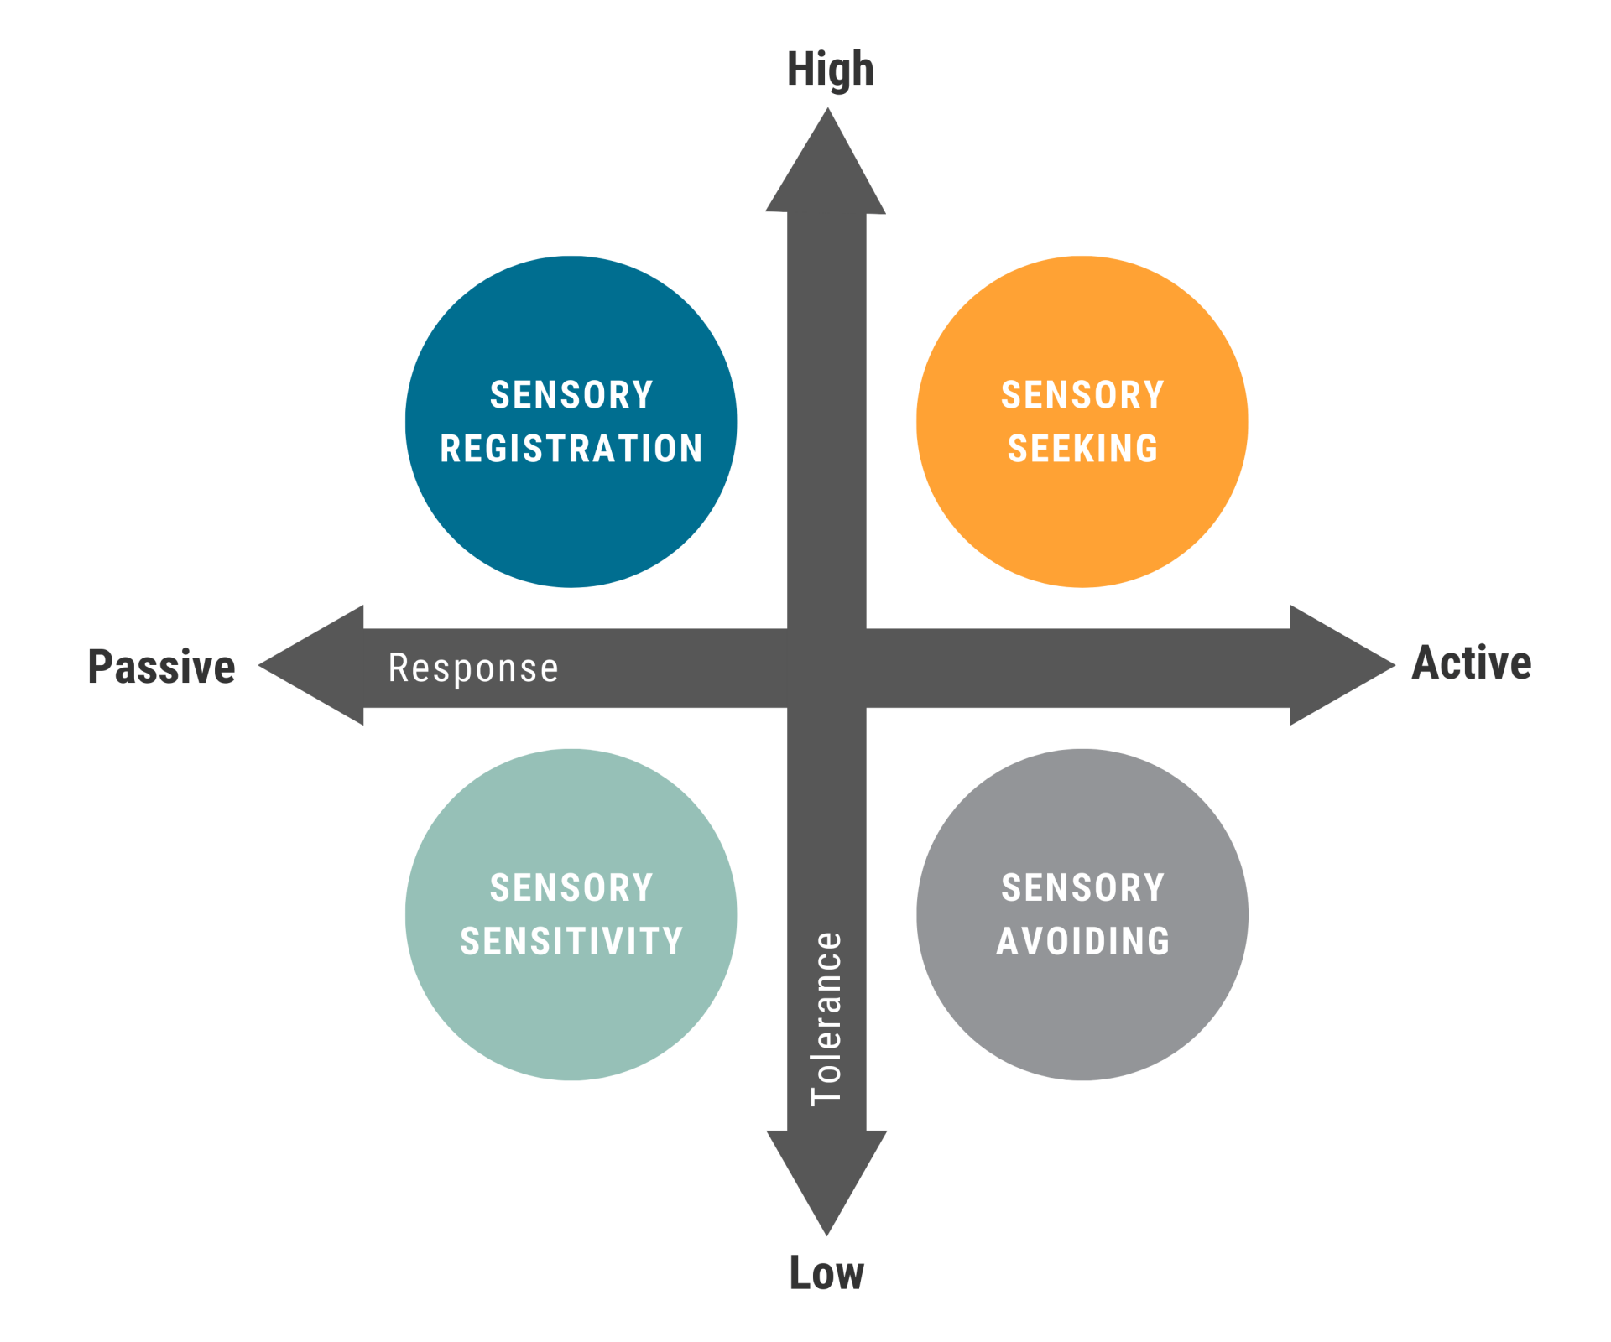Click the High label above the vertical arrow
[x=830, y=70]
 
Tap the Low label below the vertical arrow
[x=826, y=1273]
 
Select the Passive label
[x=162, y=667]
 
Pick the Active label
[x=1472, y=663]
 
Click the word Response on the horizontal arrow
[x=473, y=668]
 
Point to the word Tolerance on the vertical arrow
[x=826, y=1019]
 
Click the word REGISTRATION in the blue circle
[x=571, y=449]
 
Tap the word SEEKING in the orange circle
[x=1082, y=449]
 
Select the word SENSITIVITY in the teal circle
[x=571, y=941]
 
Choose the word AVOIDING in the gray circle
[x=1082, y=941]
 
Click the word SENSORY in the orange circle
[x=1082, y=395]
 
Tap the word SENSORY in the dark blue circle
[x=571, y=395]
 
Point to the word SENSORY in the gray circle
[x=1082, y=887]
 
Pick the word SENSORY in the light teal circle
[x=571, y=887]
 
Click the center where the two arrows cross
[x=826, y=668]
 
